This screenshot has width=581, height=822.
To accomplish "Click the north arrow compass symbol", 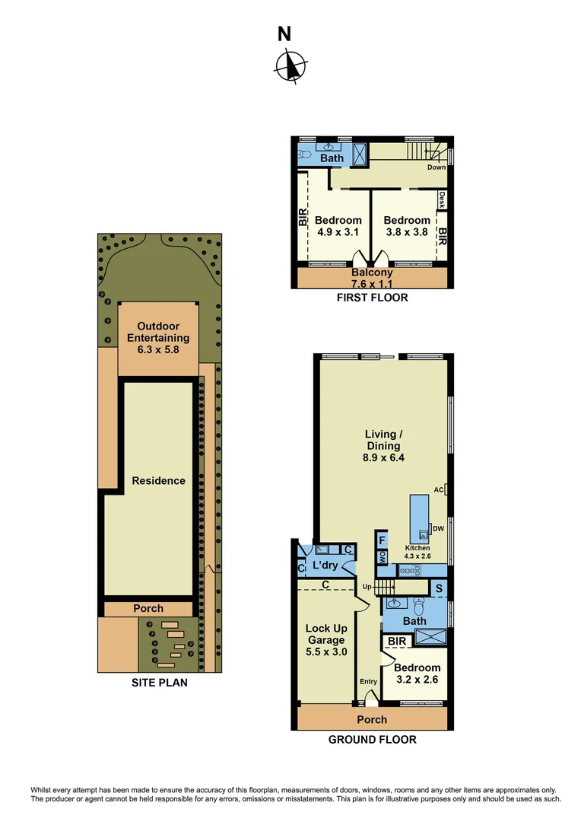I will coord(290,65).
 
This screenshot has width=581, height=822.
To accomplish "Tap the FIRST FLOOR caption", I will coord(372,298).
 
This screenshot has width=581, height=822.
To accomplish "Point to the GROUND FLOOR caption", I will coord(372,739).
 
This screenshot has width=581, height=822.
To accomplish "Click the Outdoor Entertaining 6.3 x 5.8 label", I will coord(158,338).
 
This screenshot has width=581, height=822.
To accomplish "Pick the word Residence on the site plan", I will coord(158,480).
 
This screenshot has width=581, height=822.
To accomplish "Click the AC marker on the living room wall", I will coord(439,489).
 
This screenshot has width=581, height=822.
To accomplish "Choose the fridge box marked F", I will coord(382,540).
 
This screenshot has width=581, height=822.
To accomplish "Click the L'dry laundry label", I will coord(325,566).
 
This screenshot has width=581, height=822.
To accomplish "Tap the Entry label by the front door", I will coord(368,682).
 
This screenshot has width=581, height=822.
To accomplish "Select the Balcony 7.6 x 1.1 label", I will coord(372,279).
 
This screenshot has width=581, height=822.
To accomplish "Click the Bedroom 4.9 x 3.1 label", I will coord(338,226).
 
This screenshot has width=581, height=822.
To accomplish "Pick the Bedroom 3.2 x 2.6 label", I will coord(417,674).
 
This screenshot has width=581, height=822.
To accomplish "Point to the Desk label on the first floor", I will coord(441,199).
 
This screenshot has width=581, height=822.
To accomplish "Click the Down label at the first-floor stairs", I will coord(436,167).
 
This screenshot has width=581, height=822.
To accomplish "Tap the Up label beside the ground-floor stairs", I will coord(367,587).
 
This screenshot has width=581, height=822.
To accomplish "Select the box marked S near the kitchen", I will coord(437,588).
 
